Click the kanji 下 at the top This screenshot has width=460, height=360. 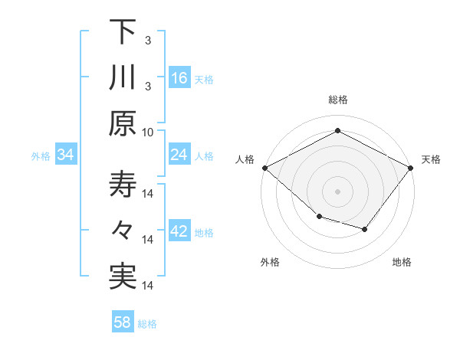pyautogui.click(x=123, y=32)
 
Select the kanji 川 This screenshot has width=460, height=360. pyautogui.click(x=123, y=78)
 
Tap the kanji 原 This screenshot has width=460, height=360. pyautogui.click(x=123, y=123)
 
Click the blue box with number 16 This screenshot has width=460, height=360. pyautogui.click(x=179, y=78)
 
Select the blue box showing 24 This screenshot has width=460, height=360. pyautogui.click(x=179, y=155)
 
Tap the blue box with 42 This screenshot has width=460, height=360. pyautogui.click(x=179, y=231)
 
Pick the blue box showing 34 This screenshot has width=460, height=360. pyautogui.click(x=66, y=155)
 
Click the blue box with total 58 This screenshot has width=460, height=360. pyautogui.click(x=123, y=322)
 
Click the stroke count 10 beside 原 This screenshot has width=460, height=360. pyautogui.click(x=148, y=131)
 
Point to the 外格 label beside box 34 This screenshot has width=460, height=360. pyautogui.click(x=41, y=156)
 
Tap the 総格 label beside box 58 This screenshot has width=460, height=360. pyautogui.click(x=147, y=323)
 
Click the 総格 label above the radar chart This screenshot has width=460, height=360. pyautogui.click(x=337, y=100)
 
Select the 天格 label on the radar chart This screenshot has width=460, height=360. pyautogui.click(x=432, y=159)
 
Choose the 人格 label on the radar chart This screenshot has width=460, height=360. pyautogui.click(x=245, y=159)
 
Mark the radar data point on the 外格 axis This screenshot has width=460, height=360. pyautogui.click(x=319, y=217)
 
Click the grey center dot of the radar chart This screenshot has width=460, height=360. pyautogui.click(x=337, y=191)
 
